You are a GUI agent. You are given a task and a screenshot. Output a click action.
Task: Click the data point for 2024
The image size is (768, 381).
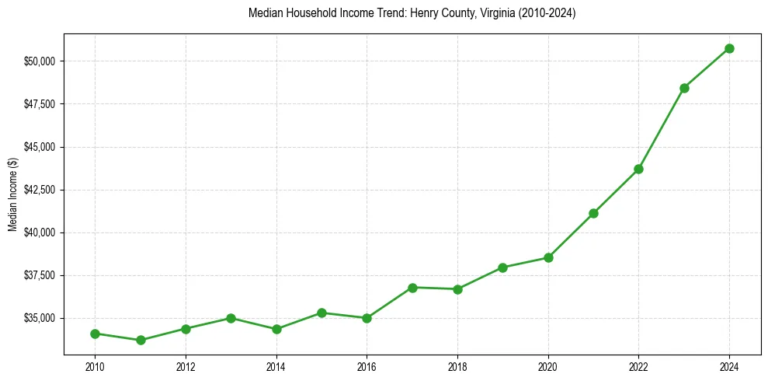coord(729,48)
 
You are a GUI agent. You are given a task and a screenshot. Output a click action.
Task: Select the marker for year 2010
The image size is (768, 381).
coord(95,334)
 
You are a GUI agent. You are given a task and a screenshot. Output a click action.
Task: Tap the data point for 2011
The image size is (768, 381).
coord(141,340)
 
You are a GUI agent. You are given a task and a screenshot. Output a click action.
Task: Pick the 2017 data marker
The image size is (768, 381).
coord(412,288)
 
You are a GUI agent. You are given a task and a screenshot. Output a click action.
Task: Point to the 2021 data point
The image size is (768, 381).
coord(593,213)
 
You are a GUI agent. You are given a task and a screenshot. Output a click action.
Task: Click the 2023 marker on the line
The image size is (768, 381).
coord(684,88)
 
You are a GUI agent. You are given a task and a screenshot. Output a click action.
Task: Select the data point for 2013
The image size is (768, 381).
coord(231,318)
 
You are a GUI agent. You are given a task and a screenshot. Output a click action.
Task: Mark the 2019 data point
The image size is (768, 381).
coord(502,267)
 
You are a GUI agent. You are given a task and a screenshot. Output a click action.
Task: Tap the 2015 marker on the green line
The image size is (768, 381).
coord(321,313)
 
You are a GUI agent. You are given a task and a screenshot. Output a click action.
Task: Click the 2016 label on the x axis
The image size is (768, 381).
coord(367,365)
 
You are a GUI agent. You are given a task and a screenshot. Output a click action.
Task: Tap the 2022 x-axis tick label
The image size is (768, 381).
coord(638,365)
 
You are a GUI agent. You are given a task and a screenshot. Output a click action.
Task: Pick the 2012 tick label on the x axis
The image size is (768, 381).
coord(186,365)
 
